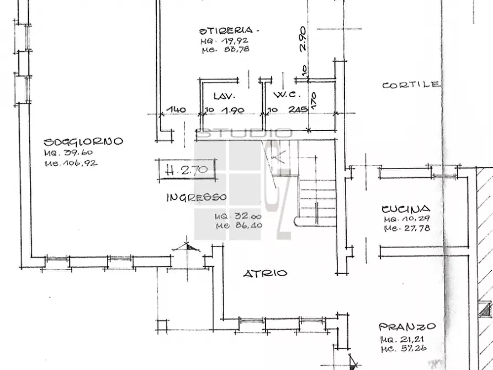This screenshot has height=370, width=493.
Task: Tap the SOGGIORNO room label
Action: [x=84, y=142]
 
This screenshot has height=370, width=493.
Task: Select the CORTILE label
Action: [x=411, y=85]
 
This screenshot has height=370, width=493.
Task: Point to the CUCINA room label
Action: [x=406, y=209]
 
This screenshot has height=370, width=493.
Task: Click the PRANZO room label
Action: [x=407, y=326]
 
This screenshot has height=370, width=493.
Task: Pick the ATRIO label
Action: [x=266, y=273]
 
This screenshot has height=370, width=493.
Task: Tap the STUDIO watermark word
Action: [x=245, y=133]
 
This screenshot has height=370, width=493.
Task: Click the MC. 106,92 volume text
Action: [x=72, y=163]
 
